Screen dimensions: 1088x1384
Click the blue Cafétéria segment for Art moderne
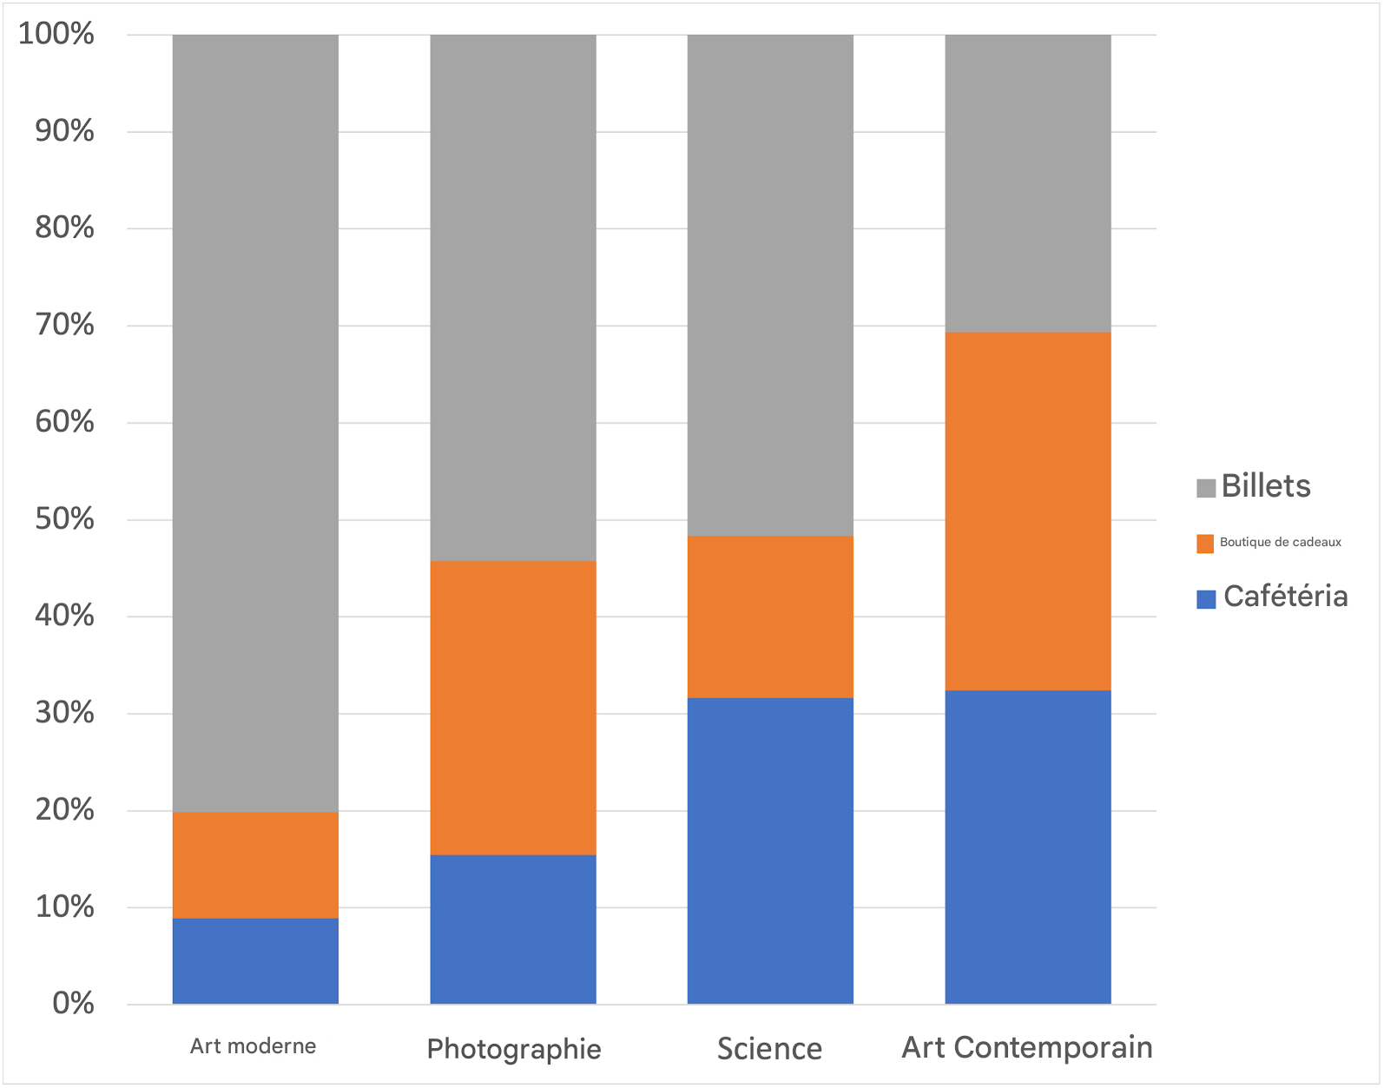(x=255, y=960)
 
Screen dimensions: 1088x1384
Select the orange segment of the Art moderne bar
(x=255, y=865)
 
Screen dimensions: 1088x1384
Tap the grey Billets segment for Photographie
(x=513, y=298)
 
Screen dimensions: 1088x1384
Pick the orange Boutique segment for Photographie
(x=513, y=708)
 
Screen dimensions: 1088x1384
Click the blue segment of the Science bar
(x=770, y=850)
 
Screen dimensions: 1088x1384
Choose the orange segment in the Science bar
(x=770, y=617)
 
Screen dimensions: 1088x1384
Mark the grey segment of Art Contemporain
(x=1027, y=183)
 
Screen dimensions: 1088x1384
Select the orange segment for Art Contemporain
(x=1027, y=511)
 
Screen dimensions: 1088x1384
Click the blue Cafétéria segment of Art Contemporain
(x=1027, y=847)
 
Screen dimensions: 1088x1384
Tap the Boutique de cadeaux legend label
(x=1280, y=543)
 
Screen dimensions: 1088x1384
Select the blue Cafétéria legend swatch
(x=1206, y=599)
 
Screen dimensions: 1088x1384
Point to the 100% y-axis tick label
(x=56, y=35)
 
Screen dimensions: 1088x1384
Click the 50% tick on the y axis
(x=64, y=519)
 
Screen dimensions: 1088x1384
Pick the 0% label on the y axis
(x=73, y=1004)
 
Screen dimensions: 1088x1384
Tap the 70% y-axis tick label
(x=64, y=326)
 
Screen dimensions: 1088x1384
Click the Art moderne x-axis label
(x=253, y=1046)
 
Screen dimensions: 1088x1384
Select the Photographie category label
(x=514, y=1049)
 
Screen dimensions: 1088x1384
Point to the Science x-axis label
(x=769, y=1049)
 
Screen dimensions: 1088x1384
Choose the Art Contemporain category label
(x=1027, y=1048)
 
